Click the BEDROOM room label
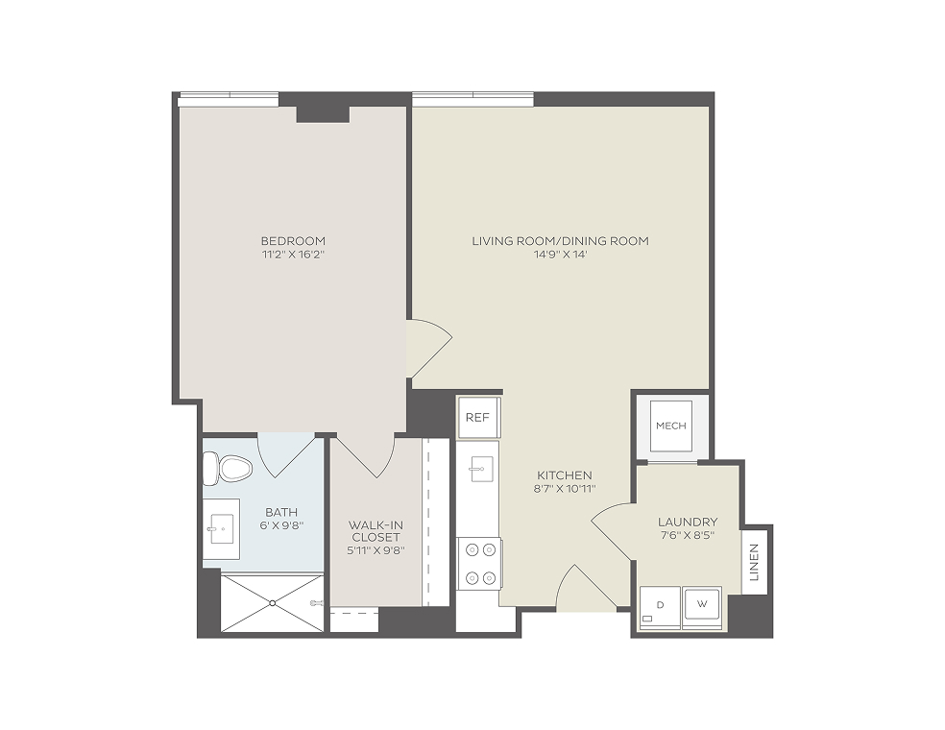(x=294, y=241)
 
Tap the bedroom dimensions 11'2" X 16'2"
(x=294, y=255)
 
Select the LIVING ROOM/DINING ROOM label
(x=561, y=241)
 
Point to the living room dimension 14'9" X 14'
(x=561, y=255)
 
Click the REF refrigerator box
(x=478, y=417)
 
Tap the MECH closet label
(x=670, y=426)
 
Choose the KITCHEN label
(x=565, y=475)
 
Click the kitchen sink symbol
(x=480, y=469)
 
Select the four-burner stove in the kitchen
(x=480, y=564)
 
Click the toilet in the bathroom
(x=228, y=468)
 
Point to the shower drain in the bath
(x=273, y=602)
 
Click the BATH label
(x=281, y=512)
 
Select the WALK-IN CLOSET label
(x=376, y=531)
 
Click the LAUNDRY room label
(x=688, y=522)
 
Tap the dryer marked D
(x=660, y=607)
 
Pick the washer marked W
(x=702, y=607)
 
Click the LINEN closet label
(x=754, y=562)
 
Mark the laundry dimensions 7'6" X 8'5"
(x=688, y=535)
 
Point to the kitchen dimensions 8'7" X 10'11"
(x=565, y=489)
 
